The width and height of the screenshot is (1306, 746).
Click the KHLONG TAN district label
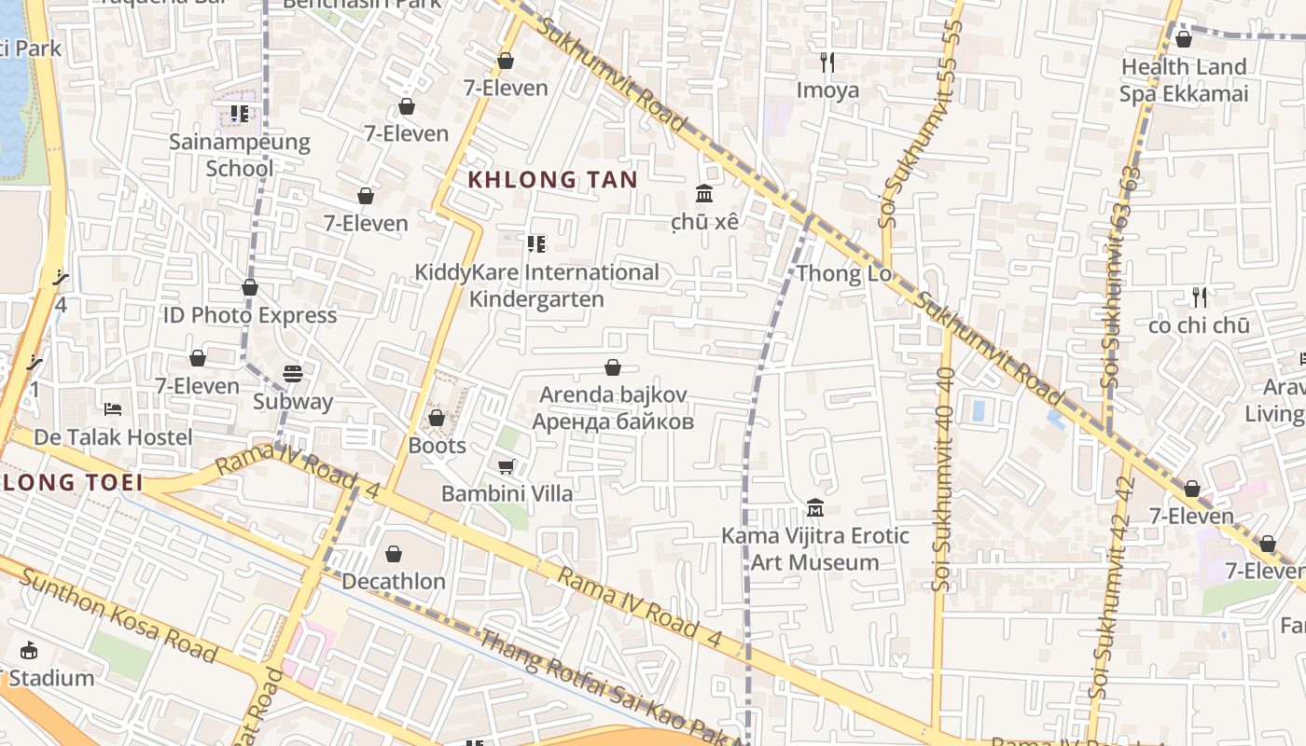point(552,180)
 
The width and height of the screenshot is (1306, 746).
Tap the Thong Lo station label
point(843,274)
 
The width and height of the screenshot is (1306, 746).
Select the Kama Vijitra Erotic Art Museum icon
point(815,508)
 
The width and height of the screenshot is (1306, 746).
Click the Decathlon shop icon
point(394,554)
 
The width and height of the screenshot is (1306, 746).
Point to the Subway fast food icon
point(293,374)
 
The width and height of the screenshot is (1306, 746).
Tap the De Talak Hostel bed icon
point(113,409)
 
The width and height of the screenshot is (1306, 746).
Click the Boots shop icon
point(436,418)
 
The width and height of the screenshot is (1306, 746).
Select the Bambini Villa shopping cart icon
point(507,466)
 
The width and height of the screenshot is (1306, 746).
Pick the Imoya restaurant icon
point(827,62)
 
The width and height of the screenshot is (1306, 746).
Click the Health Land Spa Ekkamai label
point(1184,80)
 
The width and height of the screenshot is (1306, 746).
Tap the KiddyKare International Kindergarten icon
point(535,244)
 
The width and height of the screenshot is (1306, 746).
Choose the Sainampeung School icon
point(240,114)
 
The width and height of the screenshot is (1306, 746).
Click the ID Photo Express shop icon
point(250,287)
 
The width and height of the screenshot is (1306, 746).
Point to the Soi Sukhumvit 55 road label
point(919,121)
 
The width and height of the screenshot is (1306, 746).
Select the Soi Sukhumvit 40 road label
point(943,477)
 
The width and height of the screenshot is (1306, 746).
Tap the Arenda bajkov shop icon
point(613,367)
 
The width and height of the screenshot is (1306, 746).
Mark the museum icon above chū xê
point(704,194)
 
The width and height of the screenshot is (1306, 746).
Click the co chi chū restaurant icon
point(1200,297)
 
